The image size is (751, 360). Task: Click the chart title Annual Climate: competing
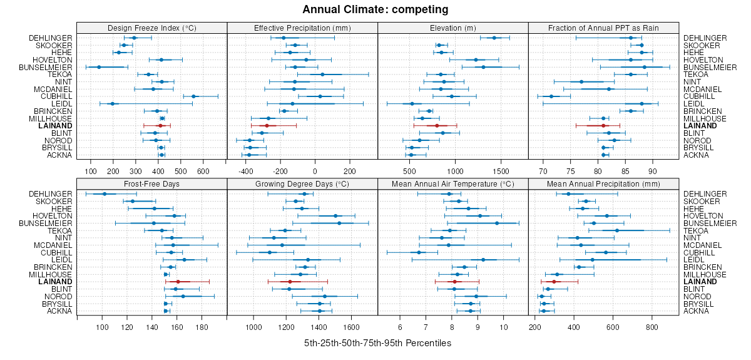pyautogui.click(x=375, y=9)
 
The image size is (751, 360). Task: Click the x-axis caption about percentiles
pyautogui.click(x=377, y=343)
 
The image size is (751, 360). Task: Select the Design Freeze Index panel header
pyautogui.click(x=151, y=28)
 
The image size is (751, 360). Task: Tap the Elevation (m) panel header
pyautogui.click(x=453, y=28)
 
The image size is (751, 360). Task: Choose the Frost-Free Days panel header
pyautogui.click(x=151, y=184)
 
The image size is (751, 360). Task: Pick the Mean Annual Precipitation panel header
pyautogui.click(x=603, y=184)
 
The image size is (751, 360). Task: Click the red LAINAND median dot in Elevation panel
pyautogui.click(x=437, y=126)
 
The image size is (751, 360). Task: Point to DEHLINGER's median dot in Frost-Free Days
pyautogui.click(x=105, y=194)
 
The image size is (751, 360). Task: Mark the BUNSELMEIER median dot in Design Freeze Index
pyautogui.click(x=99, y=67)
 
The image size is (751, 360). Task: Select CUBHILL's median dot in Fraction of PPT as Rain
pyautogui.click(x=551, y=96)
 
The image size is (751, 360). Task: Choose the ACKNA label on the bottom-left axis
pyautogui.click(x=60, y=311)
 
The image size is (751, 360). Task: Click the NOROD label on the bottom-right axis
pyautogui.click(x=695, y=296)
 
